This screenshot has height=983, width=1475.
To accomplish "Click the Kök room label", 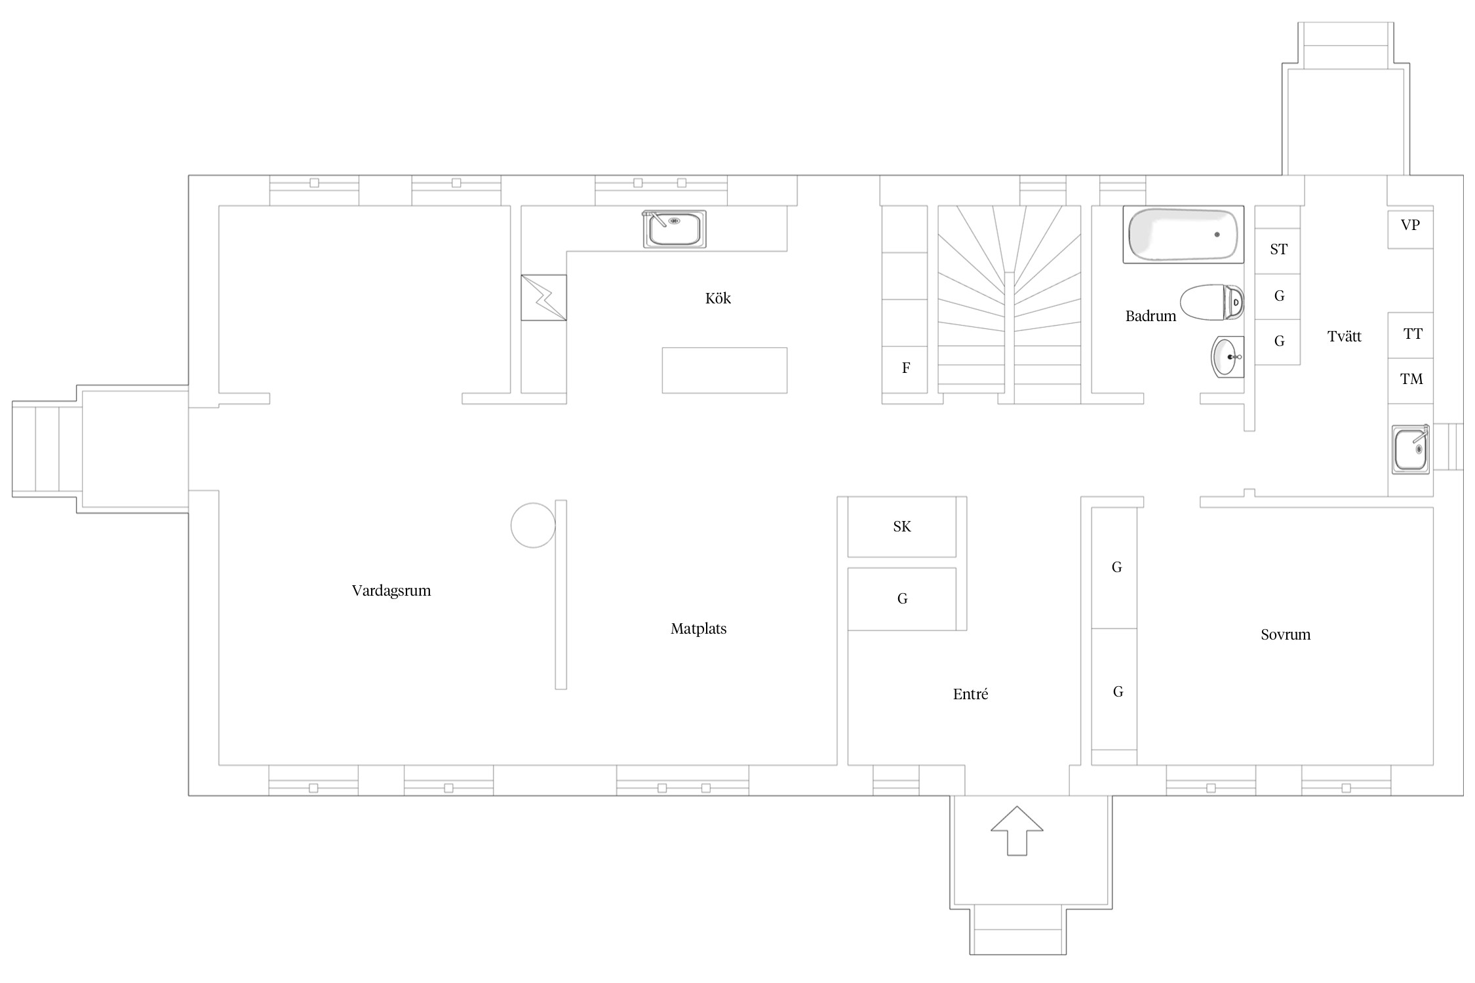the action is (718, 298).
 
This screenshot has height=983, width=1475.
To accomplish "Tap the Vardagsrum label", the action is (391, 591).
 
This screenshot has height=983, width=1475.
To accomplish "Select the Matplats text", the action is (698, 629).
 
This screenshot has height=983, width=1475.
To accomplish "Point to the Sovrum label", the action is (1286, 634).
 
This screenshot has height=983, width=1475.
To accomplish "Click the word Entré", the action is (970, 694).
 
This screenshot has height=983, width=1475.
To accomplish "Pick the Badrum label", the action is (1150, 316).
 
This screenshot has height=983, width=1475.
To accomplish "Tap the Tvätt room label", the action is (1345, 337).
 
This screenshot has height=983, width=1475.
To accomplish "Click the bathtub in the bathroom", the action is (1183, 235).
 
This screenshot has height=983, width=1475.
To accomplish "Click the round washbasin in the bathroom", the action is (1227, 357).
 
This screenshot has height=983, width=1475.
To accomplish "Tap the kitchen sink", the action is (675, 229).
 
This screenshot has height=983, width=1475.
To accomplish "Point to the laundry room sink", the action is (1411, 449).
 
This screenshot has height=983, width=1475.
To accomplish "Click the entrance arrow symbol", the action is (1017, 830).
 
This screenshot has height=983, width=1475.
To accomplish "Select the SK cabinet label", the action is (902, 526).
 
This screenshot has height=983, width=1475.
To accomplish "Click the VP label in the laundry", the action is (1410, 225).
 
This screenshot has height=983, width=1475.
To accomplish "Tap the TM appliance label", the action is (1411, 379).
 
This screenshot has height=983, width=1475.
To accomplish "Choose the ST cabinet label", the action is (1278, 249).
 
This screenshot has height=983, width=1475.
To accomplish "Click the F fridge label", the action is (906, 368).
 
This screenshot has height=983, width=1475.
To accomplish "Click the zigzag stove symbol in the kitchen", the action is (543, 298).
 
